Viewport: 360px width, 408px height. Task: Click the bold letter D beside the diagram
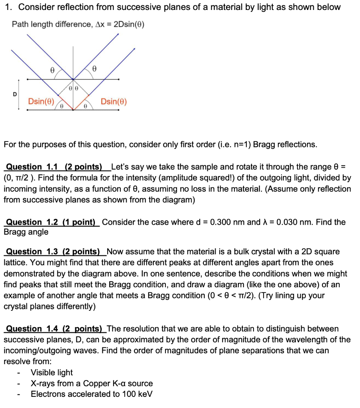pos(15,94)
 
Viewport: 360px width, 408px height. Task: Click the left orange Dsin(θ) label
pos(41,102)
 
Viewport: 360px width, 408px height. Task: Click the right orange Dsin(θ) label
pos(114,102)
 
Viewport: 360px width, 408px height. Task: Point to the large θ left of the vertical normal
pos(52,69)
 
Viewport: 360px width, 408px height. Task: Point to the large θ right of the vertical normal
pos(94,69)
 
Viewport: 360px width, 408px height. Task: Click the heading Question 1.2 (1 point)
pos(52,222)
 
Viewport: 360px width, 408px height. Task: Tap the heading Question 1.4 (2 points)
pos(54,329)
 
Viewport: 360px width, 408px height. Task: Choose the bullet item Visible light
pos(52,373)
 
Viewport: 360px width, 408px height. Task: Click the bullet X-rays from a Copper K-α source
pos(92,384)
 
